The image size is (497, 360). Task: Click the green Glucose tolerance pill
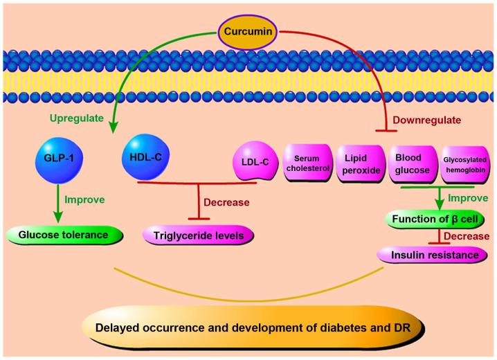[64, 235]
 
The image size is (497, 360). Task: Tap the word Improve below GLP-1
[84, 199]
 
